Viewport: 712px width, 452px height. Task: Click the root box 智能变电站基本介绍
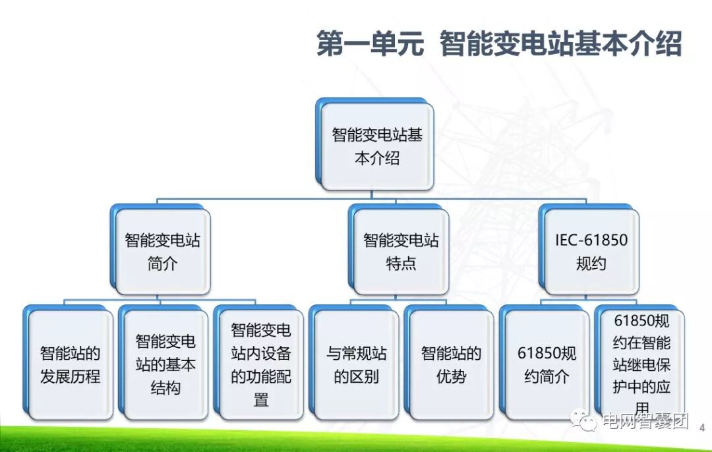376,146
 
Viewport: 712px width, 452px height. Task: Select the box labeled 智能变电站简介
162,252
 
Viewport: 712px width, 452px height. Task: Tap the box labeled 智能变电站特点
401,252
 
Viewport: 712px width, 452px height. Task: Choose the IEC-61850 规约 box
591,252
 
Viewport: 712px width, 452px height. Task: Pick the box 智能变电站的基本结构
165,364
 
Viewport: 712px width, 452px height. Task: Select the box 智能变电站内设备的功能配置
261,364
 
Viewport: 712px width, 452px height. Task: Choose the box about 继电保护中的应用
641,364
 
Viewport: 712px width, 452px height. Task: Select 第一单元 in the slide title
370,44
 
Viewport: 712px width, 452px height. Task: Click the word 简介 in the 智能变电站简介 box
162,264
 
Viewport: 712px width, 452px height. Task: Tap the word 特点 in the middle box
401,264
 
